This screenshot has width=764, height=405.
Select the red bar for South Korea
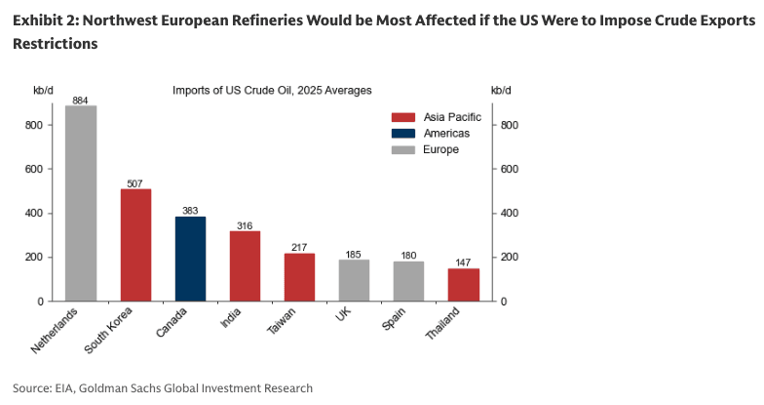coord(135,245)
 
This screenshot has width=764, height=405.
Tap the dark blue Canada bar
coord(190,259)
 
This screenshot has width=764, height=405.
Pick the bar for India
coord(245,266)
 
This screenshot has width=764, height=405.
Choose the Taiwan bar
coord(299,277)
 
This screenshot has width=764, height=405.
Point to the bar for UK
coord(354,280)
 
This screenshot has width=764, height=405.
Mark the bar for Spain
coord(408,281)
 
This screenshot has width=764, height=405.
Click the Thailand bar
coord(463,284)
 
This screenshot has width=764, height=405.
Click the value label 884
coord(81,100)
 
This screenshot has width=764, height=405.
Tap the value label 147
coord(463,262)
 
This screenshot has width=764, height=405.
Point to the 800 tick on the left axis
coord(44,125)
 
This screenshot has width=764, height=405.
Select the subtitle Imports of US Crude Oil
coord(272,91)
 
